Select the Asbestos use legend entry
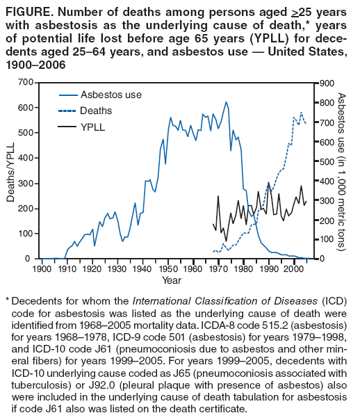(x=100, y=94)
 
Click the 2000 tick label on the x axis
(x=293, y=269)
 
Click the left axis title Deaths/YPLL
(x=10, y=170)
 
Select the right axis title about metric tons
(x=341, y=170)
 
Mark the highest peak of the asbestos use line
(x=226, y=102)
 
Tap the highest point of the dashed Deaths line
(x=301, y=112)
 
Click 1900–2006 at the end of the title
(x=34, y=65)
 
